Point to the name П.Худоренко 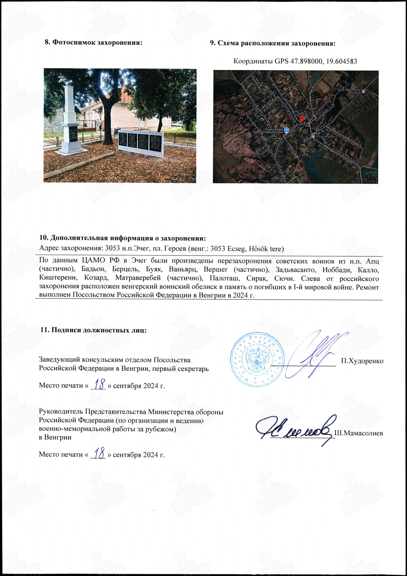362,361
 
